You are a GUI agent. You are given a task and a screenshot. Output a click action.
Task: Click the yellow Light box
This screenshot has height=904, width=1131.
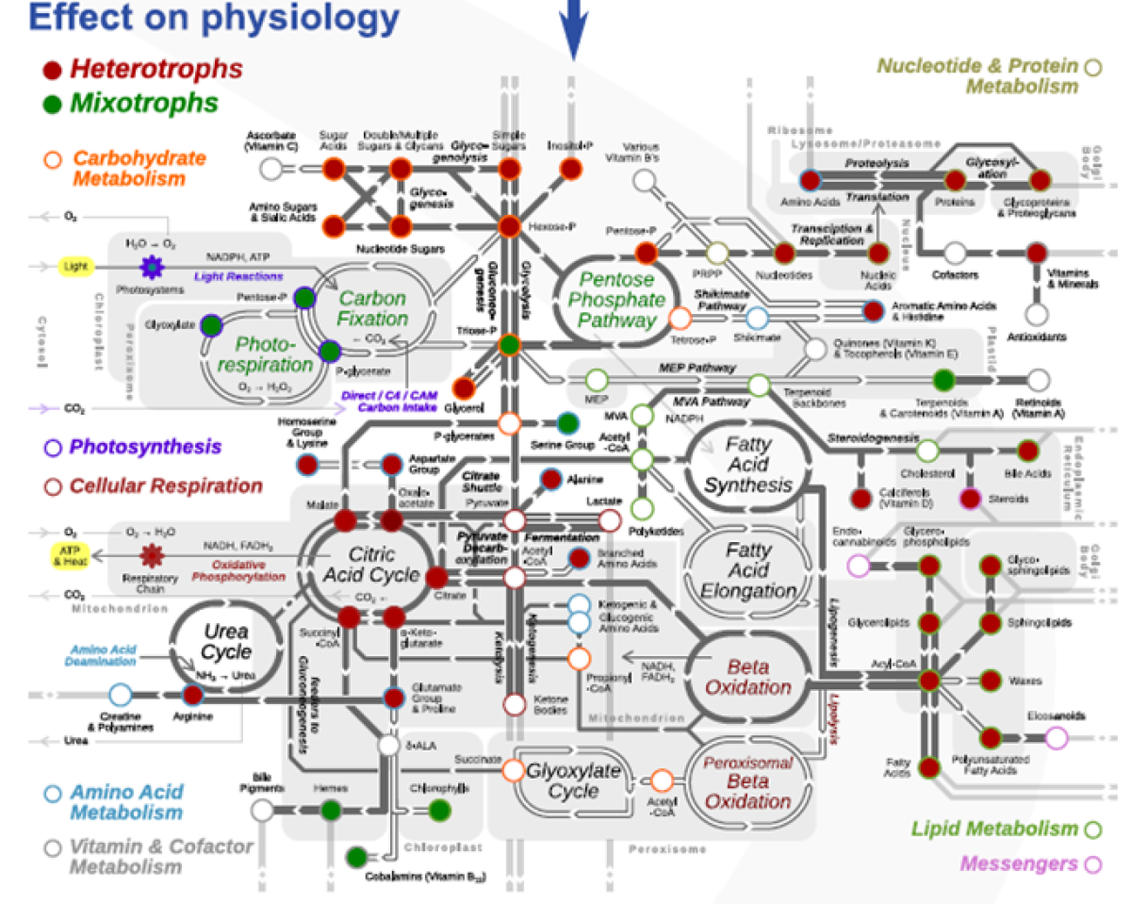[75, 267]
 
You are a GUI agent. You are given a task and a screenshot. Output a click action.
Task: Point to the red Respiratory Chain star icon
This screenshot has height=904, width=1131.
[151, 553]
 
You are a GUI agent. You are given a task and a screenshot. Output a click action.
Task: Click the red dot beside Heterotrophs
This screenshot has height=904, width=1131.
[53, 70]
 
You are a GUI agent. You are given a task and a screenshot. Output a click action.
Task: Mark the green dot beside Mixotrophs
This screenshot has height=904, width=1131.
[53, 104]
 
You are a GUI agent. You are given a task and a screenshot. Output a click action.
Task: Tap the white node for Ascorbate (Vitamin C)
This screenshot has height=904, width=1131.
[271, 169]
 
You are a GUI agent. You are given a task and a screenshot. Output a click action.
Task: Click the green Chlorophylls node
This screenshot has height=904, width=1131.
[439, 809]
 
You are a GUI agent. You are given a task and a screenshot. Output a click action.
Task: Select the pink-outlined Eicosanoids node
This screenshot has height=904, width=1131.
[1057, 737]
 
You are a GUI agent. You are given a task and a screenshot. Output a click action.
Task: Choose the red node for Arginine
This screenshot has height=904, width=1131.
[193, 696]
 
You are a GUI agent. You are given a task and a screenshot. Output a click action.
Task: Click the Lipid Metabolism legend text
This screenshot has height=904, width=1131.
[993, 830]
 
